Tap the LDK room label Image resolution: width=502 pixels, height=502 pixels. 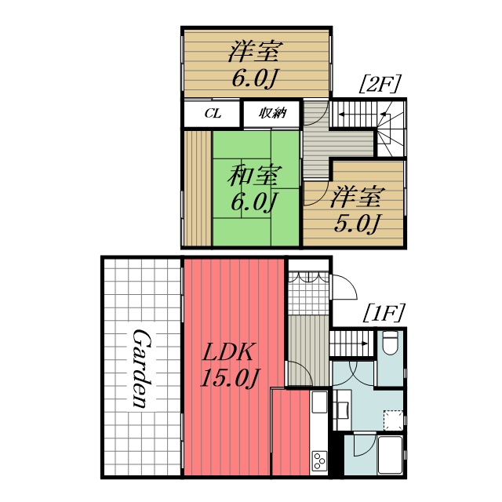coord(228,351)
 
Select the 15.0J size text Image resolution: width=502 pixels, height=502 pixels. coord(229,378)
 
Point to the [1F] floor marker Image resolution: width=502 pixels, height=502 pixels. coord(383,315)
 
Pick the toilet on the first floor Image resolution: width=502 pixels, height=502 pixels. coord(390,343)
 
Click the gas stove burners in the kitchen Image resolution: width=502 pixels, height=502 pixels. coord(318,460)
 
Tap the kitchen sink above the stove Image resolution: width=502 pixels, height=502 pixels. coord(318,404)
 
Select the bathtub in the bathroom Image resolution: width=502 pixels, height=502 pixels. coord(390,455)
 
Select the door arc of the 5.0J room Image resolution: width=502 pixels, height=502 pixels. coord(315,192)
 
